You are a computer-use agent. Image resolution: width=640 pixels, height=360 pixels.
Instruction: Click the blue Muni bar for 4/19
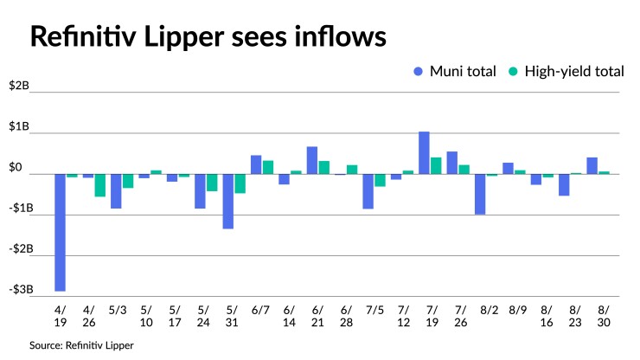(60, 232)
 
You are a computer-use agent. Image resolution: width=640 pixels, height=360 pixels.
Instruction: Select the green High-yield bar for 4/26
(100, 185)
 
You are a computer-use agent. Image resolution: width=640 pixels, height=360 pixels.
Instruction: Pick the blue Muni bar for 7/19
(425, 152)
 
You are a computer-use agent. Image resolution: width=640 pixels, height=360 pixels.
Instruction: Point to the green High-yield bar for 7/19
(436, 165)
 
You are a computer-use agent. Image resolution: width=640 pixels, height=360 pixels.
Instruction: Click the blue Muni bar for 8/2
(480, 194)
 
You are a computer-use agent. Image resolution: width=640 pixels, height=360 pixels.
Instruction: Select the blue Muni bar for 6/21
(312, 160)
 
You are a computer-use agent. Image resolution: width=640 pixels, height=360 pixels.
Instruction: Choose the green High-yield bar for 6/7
(268, 167)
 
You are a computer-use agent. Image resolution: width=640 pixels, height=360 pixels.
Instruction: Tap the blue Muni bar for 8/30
(592, 165)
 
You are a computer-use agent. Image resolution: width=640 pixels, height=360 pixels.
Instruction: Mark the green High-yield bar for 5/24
(212, 183)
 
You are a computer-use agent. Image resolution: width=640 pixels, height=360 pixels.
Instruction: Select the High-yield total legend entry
(567, 72)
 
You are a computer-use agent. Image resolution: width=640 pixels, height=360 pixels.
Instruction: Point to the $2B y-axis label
(19, 87)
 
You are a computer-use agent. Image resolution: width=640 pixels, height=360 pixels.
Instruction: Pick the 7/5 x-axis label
(374, 310)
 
